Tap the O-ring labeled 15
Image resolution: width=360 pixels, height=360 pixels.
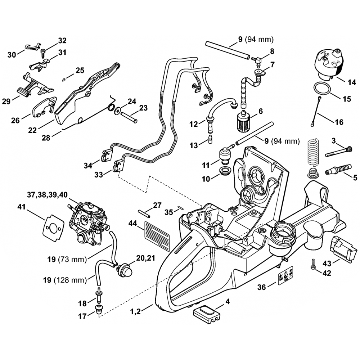tap(323, 88)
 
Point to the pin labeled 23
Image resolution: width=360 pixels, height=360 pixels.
tap(129, 118)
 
